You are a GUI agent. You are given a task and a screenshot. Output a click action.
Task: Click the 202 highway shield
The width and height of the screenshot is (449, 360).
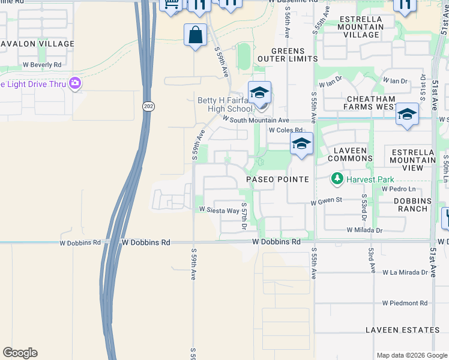tap(147, 106)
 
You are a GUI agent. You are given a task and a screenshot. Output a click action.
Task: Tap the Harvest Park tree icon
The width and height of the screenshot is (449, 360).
tap(337, 178)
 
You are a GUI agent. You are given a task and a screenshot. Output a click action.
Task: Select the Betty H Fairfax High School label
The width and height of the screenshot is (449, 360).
tap(225, 104)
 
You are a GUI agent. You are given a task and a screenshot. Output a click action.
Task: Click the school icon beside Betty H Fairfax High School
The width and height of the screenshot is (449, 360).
tap(259, 93)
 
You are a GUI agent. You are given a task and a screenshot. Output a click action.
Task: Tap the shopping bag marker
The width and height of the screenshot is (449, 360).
tap(195, 35)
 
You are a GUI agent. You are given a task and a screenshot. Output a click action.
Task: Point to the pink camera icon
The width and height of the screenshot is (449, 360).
tap(75, 83)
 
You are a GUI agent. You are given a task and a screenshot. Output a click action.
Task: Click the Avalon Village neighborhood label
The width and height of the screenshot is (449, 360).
tap(37, 44)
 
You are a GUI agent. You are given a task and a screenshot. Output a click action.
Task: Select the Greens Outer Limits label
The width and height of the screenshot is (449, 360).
tap(288, 55)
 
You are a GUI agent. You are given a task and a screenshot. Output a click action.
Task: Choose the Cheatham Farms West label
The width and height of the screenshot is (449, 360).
tap(369, 103)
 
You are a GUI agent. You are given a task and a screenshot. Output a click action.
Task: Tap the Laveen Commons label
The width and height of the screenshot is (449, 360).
tap(351, 154)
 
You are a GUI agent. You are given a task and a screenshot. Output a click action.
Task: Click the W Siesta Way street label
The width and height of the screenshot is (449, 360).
tap(219, 210)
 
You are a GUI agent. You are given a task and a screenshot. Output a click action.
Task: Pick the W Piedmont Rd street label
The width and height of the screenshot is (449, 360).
tap(405, 303)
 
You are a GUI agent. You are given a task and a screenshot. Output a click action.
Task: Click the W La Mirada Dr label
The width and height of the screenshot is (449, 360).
tap(405, 272)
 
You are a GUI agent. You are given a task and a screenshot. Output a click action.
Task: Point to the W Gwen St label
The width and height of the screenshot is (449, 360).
tap(326, 203)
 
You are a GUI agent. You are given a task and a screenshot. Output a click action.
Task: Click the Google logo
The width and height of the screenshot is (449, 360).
tap(20, 353)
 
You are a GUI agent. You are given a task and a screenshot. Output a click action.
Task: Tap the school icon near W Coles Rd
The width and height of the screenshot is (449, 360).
tap(301, 144)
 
